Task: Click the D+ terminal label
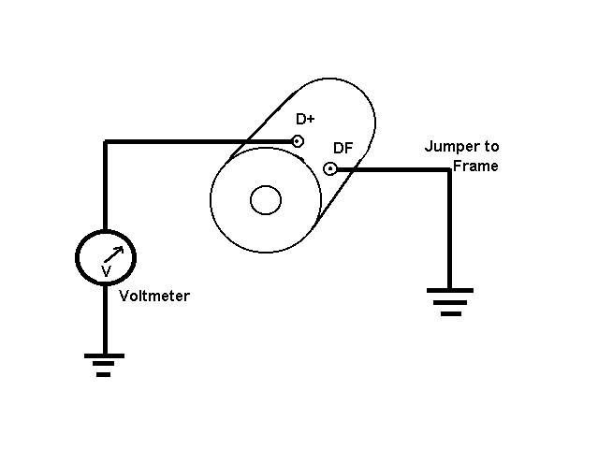(x=305, y=120)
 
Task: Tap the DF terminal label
(x=343, y=148)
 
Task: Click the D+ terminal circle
(x=297, y=142)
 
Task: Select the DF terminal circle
(x=329, y=169)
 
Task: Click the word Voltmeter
(x=154, y=296)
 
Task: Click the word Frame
(x=475, y=166)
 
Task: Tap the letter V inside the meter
(x=106, y=270)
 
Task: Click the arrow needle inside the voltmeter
(x=113, y=253)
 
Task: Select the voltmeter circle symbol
(x=105, y=255)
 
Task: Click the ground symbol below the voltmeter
(x=104, y=363)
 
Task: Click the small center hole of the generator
(x=266, y=200)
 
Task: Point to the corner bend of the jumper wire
(x=449, y=170)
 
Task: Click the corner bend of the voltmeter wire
(x=106, y=143)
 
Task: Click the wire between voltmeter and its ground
(x=105, y=318)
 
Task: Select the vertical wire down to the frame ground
(x=449, y=229)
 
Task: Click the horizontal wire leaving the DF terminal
(x=393, y=170)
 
